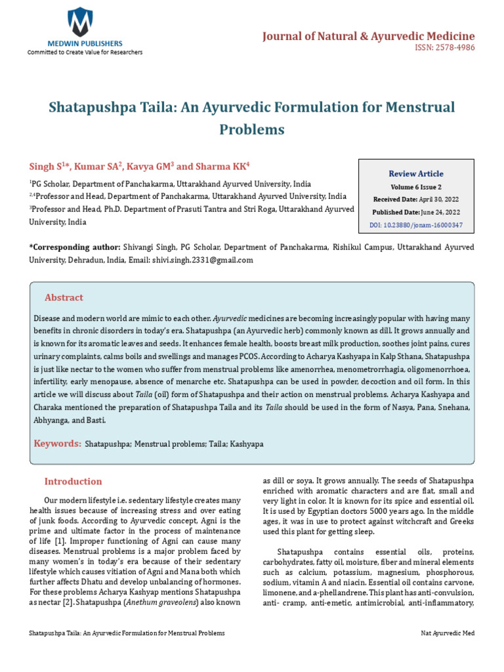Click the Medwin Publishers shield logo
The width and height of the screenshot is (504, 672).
click(x=81, y=22)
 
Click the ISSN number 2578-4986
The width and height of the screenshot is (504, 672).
click(x=450, y=48)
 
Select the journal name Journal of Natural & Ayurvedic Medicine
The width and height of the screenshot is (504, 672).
click(x=368, y=35)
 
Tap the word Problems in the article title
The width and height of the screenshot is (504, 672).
click(x=252, y=129)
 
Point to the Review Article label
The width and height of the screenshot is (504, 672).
click(x=416, y=174)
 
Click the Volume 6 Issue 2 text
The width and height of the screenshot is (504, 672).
click(x=416, y=186)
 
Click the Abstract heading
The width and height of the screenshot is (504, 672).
click(x=64, y=298)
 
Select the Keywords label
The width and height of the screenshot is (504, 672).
click(x=58, y=444)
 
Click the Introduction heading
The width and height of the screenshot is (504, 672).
click(x=73, y=482)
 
